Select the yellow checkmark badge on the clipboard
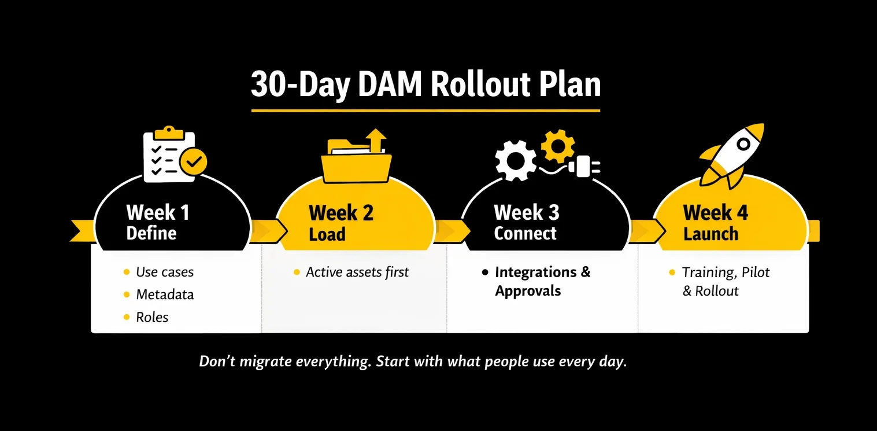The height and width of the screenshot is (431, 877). point(193,161)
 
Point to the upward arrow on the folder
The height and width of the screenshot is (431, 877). point(376,141)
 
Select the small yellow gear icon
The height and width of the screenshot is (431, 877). point(558,145)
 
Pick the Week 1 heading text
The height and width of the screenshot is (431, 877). point(157,213)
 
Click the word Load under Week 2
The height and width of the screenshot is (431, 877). point(327,234)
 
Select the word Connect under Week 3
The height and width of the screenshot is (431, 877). point(525,234)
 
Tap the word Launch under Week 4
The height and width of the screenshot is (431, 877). point(711,234)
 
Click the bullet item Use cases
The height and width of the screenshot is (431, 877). point(165,272)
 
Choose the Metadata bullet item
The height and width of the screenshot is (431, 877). point(165,294)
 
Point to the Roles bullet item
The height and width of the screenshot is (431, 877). point(152,317)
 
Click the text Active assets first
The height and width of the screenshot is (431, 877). point(357,272)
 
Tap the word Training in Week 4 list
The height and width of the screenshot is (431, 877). point(708,272)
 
